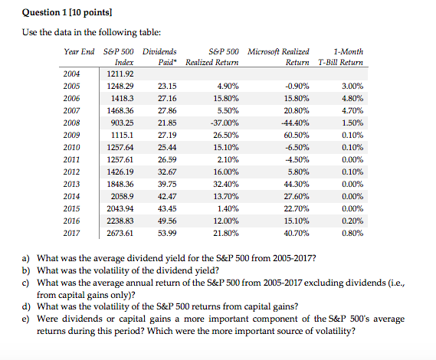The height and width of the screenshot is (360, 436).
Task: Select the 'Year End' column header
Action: point(79,51)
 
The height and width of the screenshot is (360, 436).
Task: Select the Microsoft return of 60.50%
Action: point(296,135)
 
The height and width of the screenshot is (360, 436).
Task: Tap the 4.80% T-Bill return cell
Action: point(351,98)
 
